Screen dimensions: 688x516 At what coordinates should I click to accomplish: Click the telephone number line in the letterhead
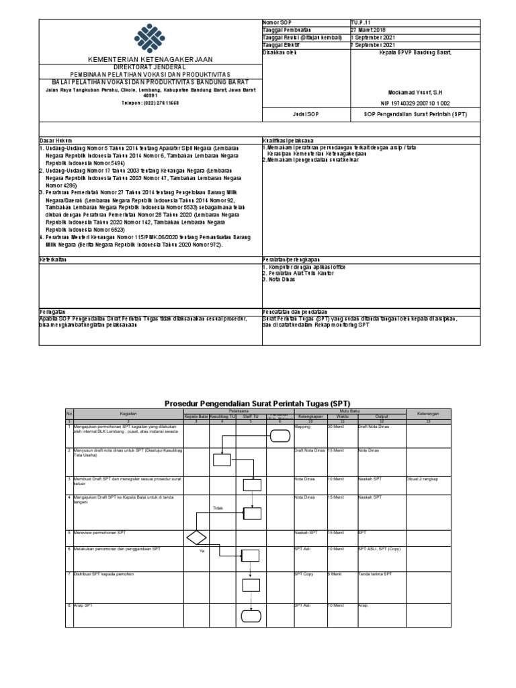(149, 103)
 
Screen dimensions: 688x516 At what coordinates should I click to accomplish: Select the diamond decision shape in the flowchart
(196, 537)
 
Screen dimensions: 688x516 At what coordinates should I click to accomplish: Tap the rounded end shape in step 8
(251, 614)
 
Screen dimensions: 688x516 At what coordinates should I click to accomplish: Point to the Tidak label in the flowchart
(217, 508)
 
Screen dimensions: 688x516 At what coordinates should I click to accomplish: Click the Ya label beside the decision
(202, 551)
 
